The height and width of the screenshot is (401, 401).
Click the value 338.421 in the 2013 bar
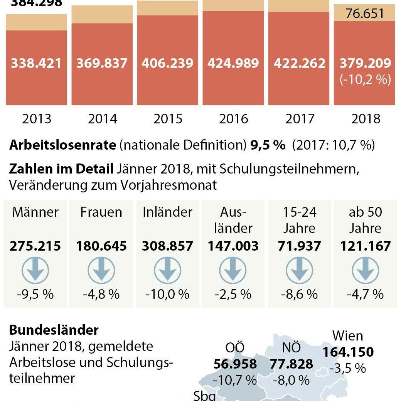pos(36,63)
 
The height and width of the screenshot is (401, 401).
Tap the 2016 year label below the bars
pos(234,119)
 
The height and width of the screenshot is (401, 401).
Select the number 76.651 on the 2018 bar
pos(365,14)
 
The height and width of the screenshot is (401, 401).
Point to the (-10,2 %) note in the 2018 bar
pos(365,80)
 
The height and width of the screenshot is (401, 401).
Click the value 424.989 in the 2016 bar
pos(234,63)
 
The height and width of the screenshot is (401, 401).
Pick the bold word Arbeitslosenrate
pos(62,145)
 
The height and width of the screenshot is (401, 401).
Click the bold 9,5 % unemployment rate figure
pos(268,145)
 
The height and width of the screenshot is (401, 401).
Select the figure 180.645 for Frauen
pos(101,246)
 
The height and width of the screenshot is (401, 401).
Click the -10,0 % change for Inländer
pos(167,295)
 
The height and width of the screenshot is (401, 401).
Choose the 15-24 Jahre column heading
pos(299,220)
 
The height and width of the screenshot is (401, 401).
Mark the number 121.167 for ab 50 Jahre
pos(365,246)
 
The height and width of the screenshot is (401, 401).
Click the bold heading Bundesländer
pos(54,330)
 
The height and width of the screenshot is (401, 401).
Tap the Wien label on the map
pos(348,335)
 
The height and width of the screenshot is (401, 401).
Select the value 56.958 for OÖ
pos(235,364)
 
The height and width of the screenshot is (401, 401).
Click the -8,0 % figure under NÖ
pos(291,380)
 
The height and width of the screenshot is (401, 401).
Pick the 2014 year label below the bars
pos(102,119)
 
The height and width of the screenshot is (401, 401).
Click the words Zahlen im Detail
pos(61,168)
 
